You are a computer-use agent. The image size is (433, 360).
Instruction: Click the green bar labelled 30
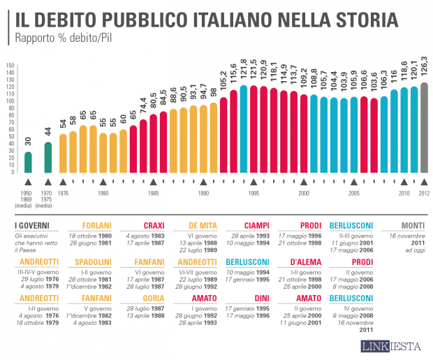[28, 161]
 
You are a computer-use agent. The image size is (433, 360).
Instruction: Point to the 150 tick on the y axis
[10, 66]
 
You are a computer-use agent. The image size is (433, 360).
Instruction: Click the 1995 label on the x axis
[254, 193]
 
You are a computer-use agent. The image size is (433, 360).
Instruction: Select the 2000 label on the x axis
[304, 193]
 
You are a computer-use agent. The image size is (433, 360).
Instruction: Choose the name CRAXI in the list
[154, 226]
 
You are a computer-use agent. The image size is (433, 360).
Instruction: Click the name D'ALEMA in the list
[301, 261]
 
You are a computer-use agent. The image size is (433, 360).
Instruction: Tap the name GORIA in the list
[154, 297]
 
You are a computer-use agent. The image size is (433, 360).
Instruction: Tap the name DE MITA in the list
[203, 226]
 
